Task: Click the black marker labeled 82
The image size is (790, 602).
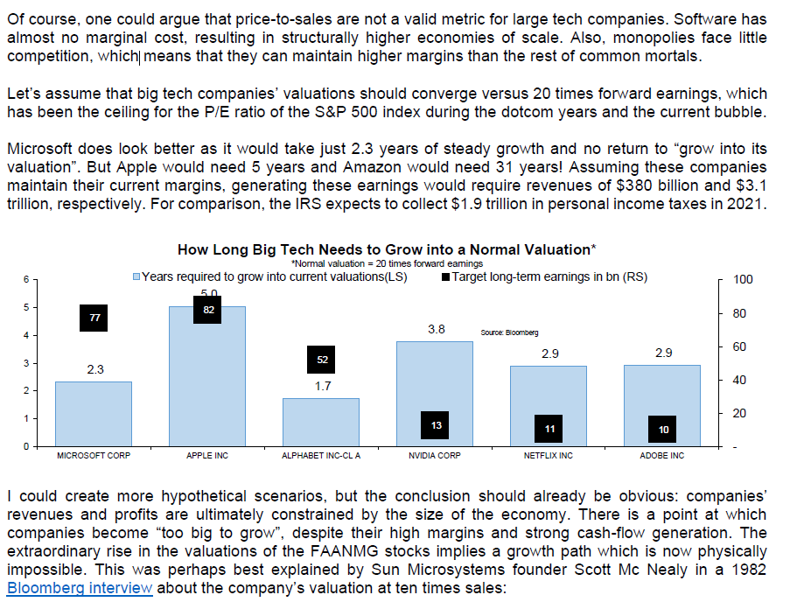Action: pyautogui.click(x=208, y=310)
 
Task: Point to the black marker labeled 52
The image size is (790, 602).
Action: pyautogui.click(x=322, y=360)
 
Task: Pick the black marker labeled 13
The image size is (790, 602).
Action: pyautogui.click(x=436, y=424)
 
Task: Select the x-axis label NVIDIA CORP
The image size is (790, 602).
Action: pyautogui.click(x=435, y=456)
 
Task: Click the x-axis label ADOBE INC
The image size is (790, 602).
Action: pyautogui.click(x=662, y=456)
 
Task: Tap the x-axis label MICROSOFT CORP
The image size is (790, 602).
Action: pyautogui.click(x=94, y=456)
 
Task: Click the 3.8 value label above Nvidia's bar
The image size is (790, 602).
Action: pyautogui.click(x=436, y=330)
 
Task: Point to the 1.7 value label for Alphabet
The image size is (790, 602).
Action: pyautogui.click(x=322, y=386)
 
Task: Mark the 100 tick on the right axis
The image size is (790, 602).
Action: pyautogui.click(x=743, y=280)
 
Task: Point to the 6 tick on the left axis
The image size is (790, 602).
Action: pyautogui.click(x=26, y=279)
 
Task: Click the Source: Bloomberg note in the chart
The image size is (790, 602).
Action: pyautogui.click(x=509, y=332)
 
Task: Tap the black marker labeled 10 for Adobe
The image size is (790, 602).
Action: pyautogui.click(x=663, y=430)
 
